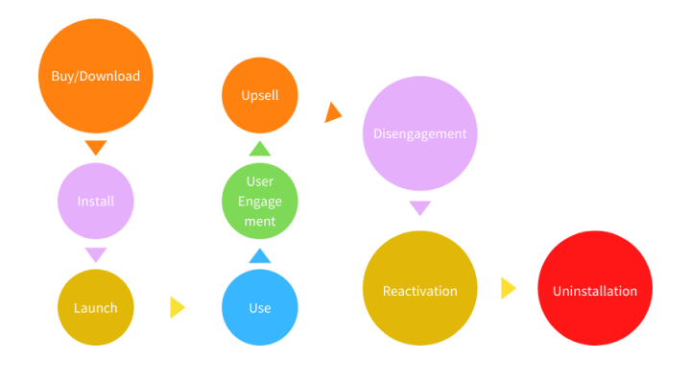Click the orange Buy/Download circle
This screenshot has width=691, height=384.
tap(95, 76)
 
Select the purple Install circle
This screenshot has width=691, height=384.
tap(95, 202)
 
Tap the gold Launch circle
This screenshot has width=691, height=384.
tap(95, 307)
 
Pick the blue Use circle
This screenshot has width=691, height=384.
tap(259, 307)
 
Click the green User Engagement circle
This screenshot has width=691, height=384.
tap(259, 202)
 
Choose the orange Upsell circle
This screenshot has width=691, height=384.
tap(259, 96)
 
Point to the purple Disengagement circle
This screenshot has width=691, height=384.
tap(419, 133)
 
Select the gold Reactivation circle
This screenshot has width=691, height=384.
tap(419, 288)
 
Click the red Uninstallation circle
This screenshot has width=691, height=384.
tap(594, 289)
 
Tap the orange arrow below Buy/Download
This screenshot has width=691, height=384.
tap(95, 147)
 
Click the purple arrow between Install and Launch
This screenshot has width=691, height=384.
tap(95, 254)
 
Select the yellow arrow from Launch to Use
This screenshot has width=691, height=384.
tap(177, 307)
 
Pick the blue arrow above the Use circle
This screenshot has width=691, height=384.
tap(259, 255)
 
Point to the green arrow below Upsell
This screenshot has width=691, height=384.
tap(259, 148)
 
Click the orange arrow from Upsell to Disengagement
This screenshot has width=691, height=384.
tap(333, 112)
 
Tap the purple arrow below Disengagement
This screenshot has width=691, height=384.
tap(419, 208)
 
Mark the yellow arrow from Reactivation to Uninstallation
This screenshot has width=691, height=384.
tap(508, 288)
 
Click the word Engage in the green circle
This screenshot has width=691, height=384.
tap(259, 202)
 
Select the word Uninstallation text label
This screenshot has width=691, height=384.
tap(594, 291)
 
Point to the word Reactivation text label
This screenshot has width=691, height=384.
tap(419, 291)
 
